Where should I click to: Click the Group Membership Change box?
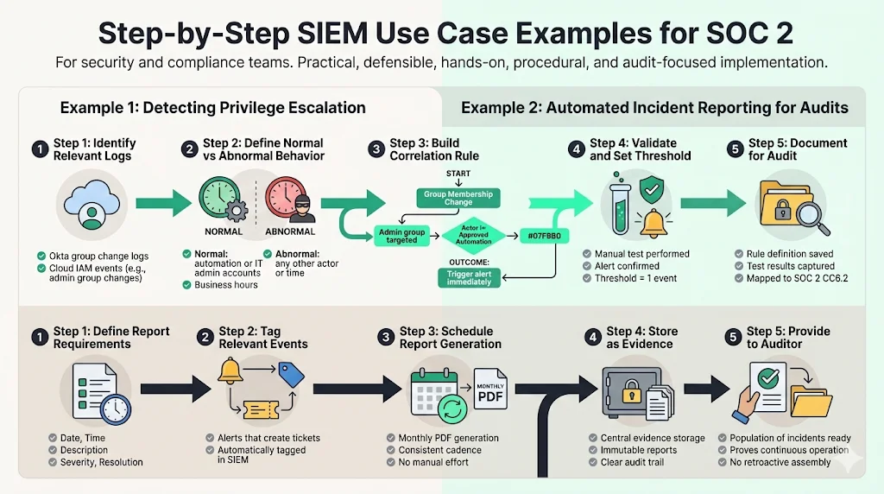(x=458, y=198)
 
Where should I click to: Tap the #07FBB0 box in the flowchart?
(x=544, y=236)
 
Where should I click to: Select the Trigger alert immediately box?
(x=469, y=277)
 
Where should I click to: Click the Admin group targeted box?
(x=401, y=236)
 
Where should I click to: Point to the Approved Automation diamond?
(x=474, y=235)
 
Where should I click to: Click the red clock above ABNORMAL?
(x=285, y=198)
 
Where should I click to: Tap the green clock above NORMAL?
(x=219, y=198)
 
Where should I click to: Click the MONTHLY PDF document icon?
(x=490, y=389)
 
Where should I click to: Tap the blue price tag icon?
(x=291, y=375)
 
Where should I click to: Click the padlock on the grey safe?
(x=631, y=391)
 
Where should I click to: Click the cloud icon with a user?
(x=92, y=204)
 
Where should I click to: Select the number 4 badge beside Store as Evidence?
(x=592, y=337)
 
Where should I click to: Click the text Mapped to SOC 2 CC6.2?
(x=797, y=278)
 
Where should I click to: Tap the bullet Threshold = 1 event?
(x=635, y=278)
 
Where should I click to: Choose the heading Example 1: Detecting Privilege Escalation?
(x=212, y=108)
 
